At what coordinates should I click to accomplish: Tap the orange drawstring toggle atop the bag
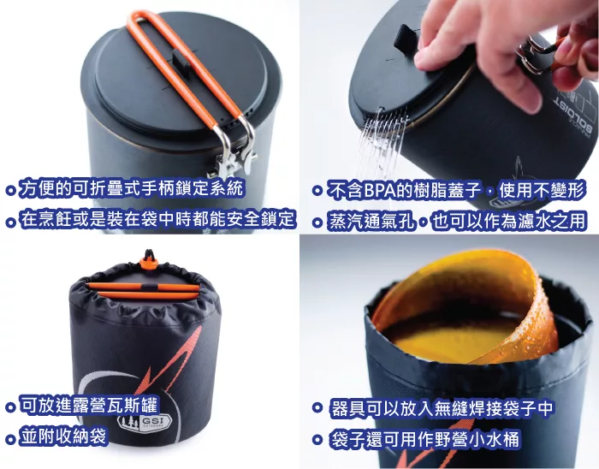pyautogui.click(x=149, y=263)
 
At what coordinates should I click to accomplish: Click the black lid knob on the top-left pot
pyautogui.click(x=181, y=61)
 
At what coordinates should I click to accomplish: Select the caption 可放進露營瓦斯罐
pyautogui.click(x=88, y=405)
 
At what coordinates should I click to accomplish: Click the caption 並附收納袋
pyautogui.click(x=63, y=436)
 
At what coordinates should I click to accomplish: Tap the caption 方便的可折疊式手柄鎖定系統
pyautogui.click(x=131, y=188)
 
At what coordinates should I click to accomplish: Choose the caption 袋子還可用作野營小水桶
pyautogui.click(x=424, y=439)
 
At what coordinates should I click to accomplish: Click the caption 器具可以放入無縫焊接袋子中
pyautogui.click(x=442, y=408)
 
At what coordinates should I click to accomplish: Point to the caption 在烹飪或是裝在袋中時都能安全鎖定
pyautogui.click(x=157, y=218)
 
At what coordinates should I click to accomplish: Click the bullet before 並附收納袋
pyautogui.click(x=10, y=437)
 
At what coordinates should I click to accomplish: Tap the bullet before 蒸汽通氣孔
pyautogui.click(x=317, y=222)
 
